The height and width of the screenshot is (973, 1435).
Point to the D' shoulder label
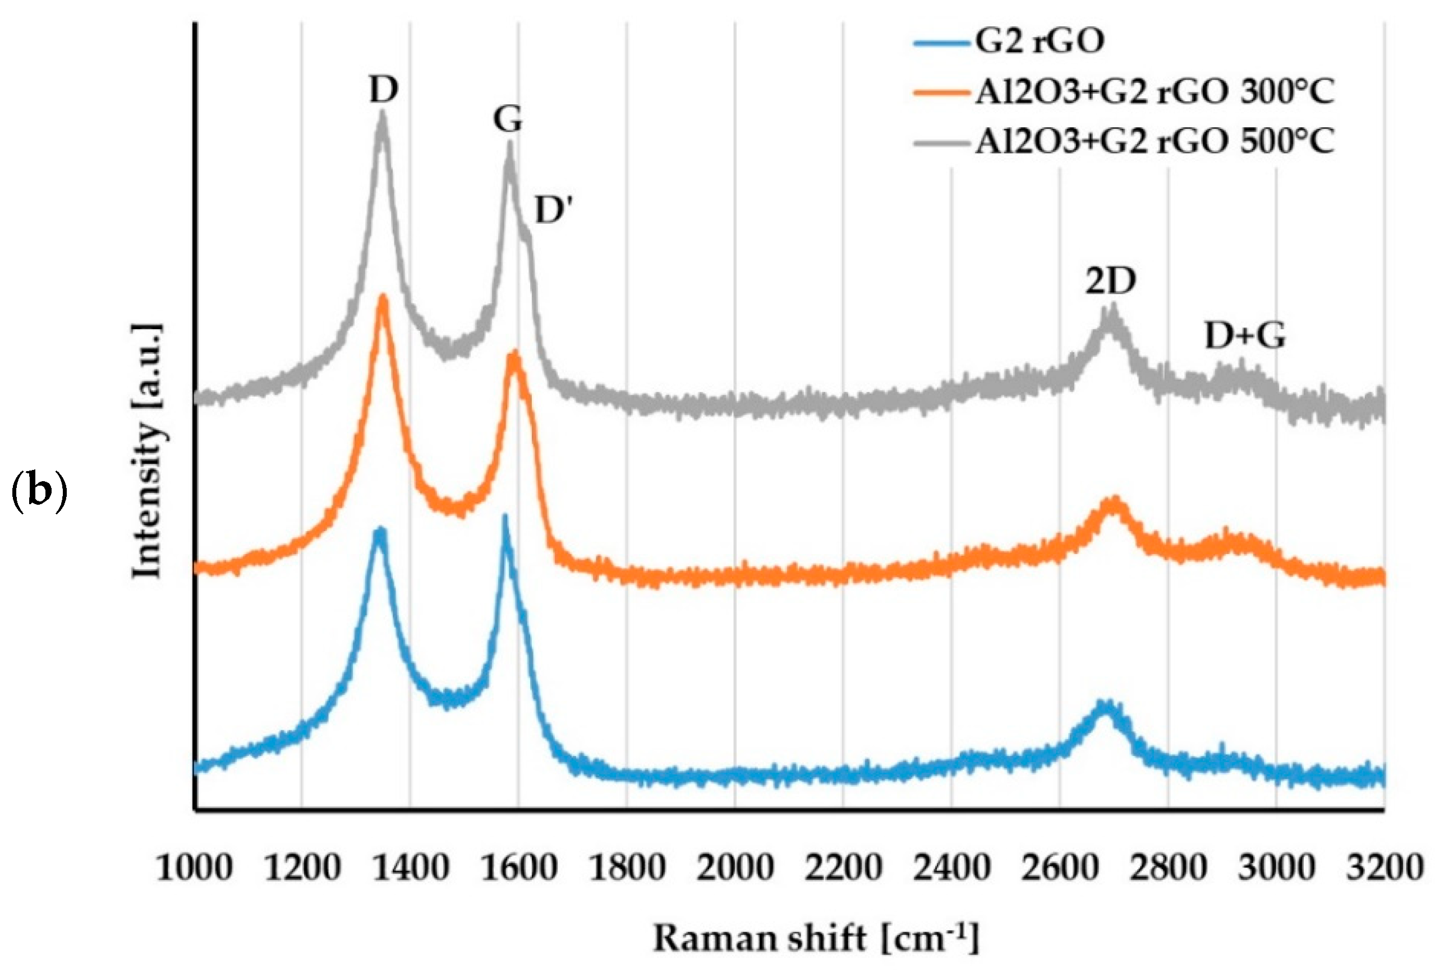tap(554, 211)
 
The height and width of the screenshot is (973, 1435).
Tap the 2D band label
tap(1110, 282)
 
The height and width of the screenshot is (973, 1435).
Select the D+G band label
tap(1245, 337)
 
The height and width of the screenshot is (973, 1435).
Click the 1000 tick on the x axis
tap(194, 868)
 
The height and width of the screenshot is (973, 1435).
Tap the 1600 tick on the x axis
tap(519, 868)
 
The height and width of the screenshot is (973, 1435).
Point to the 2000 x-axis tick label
tap(735, 868)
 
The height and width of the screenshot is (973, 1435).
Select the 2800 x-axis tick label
tap(1167, 868)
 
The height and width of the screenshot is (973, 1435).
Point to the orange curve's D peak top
tap(383, 298)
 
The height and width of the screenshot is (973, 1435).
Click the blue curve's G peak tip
tap(504, 518)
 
